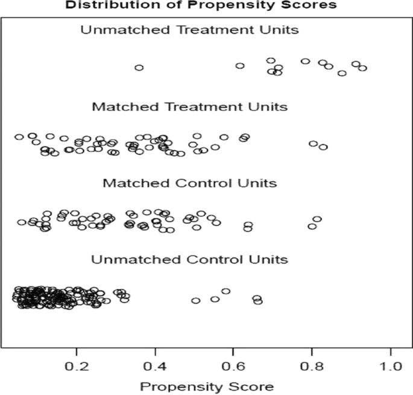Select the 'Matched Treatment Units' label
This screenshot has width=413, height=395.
189,107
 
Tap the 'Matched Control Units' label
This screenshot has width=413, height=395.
189,183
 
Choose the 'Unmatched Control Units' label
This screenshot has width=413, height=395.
189,259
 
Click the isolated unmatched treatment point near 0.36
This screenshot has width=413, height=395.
139,68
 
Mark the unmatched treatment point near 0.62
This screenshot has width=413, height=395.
240,65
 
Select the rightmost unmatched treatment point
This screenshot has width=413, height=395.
362,68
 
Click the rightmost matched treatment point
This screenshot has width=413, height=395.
323,147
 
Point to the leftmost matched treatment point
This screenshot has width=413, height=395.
19,137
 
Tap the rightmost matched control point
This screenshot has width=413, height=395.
317,219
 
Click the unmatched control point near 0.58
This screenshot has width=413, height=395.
226,291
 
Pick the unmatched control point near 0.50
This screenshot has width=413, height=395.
195,300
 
